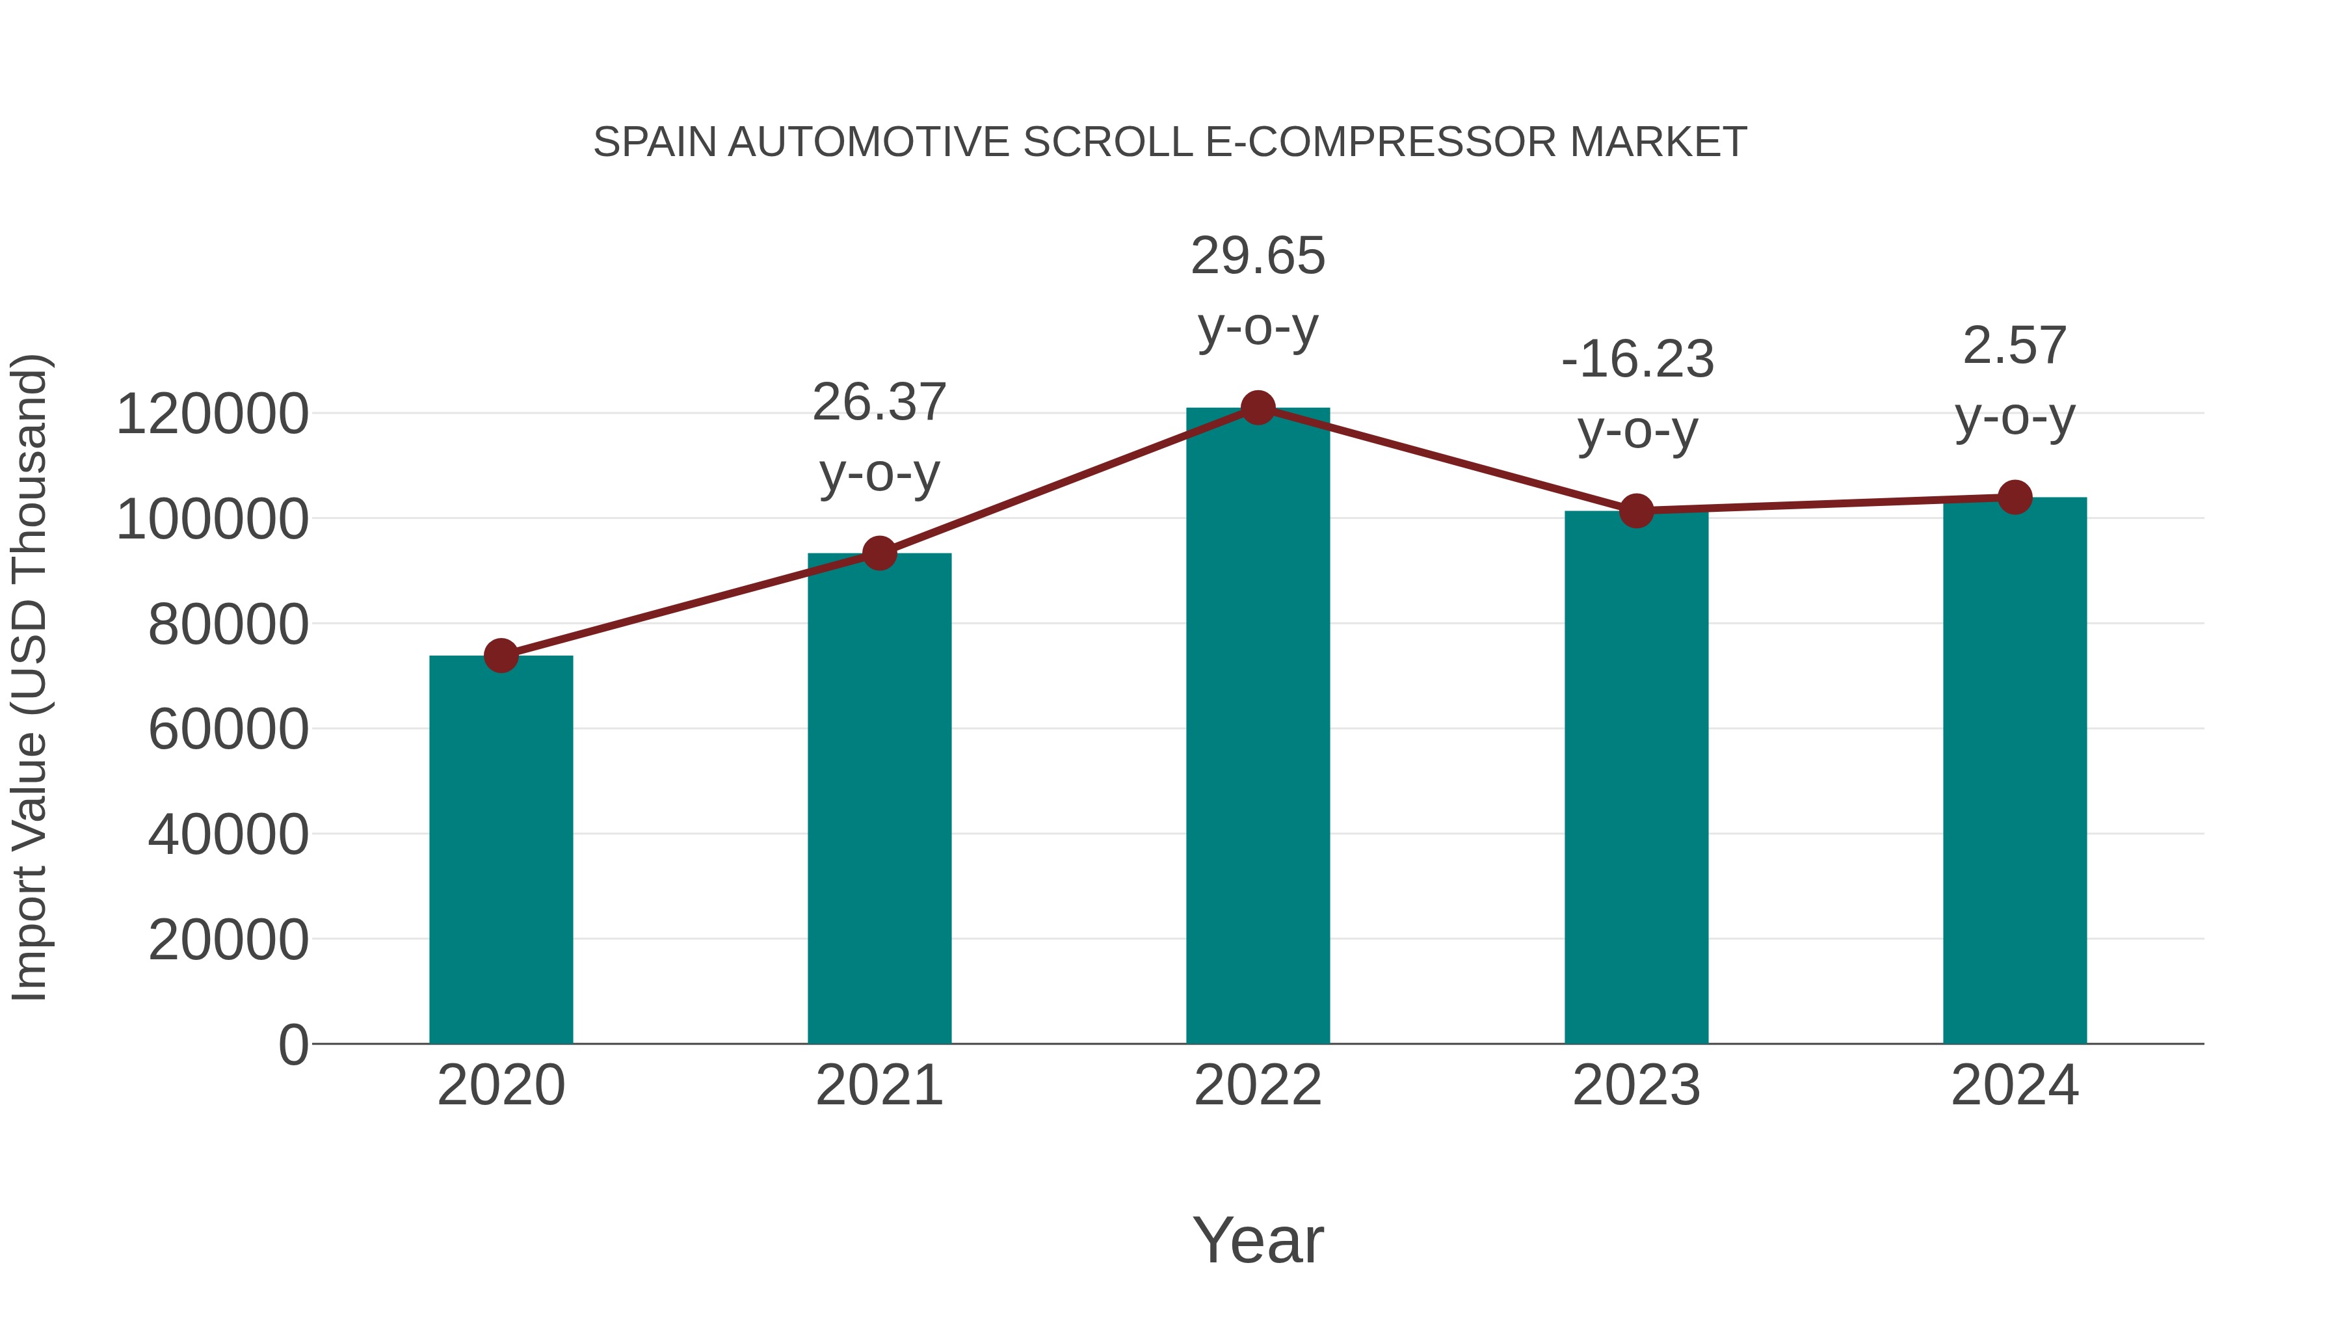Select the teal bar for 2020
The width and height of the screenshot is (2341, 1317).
click(501, 850)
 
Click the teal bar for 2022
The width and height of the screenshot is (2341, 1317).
click(1258, 727)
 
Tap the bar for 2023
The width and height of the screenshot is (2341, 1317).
click(1636, 777)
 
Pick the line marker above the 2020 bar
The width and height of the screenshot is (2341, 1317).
click(501, 656)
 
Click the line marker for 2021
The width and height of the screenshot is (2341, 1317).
click(879, 553)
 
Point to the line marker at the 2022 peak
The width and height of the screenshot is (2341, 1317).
click(1258, 408)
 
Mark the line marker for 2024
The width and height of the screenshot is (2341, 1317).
click(2015, 497)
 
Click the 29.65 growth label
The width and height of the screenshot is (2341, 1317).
click(1258, 256)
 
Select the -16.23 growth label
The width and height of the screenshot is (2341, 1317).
click(1637, 360)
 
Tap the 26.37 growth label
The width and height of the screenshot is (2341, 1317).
click(879, 403)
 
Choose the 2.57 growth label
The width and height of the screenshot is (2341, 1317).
click(2015, 346)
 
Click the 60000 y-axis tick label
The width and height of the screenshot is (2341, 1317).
click(228, 729)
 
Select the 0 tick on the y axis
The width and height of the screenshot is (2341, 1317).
click(293, 1044)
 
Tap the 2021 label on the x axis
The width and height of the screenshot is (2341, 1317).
click(879, 1085)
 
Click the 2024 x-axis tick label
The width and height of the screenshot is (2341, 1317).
click(2015, 1085)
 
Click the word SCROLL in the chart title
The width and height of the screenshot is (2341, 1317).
click(1108, 142)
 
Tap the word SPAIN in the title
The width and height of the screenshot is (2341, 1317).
click(655, 142)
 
